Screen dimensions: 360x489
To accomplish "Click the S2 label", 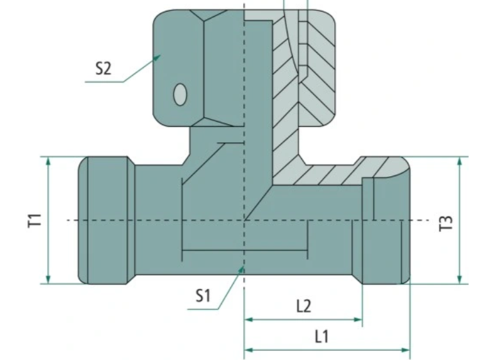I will tap(103, 68).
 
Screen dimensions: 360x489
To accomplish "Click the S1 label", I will tap(203, 296).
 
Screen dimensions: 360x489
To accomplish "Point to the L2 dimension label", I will tap(303, 306).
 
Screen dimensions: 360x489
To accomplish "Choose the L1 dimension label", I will tap(321, 336).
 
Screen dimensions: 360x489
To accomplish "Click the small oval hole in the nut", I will tap(180, 95).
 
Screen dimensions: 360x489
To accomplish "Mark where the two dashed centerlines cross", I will tap(244, 220).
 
